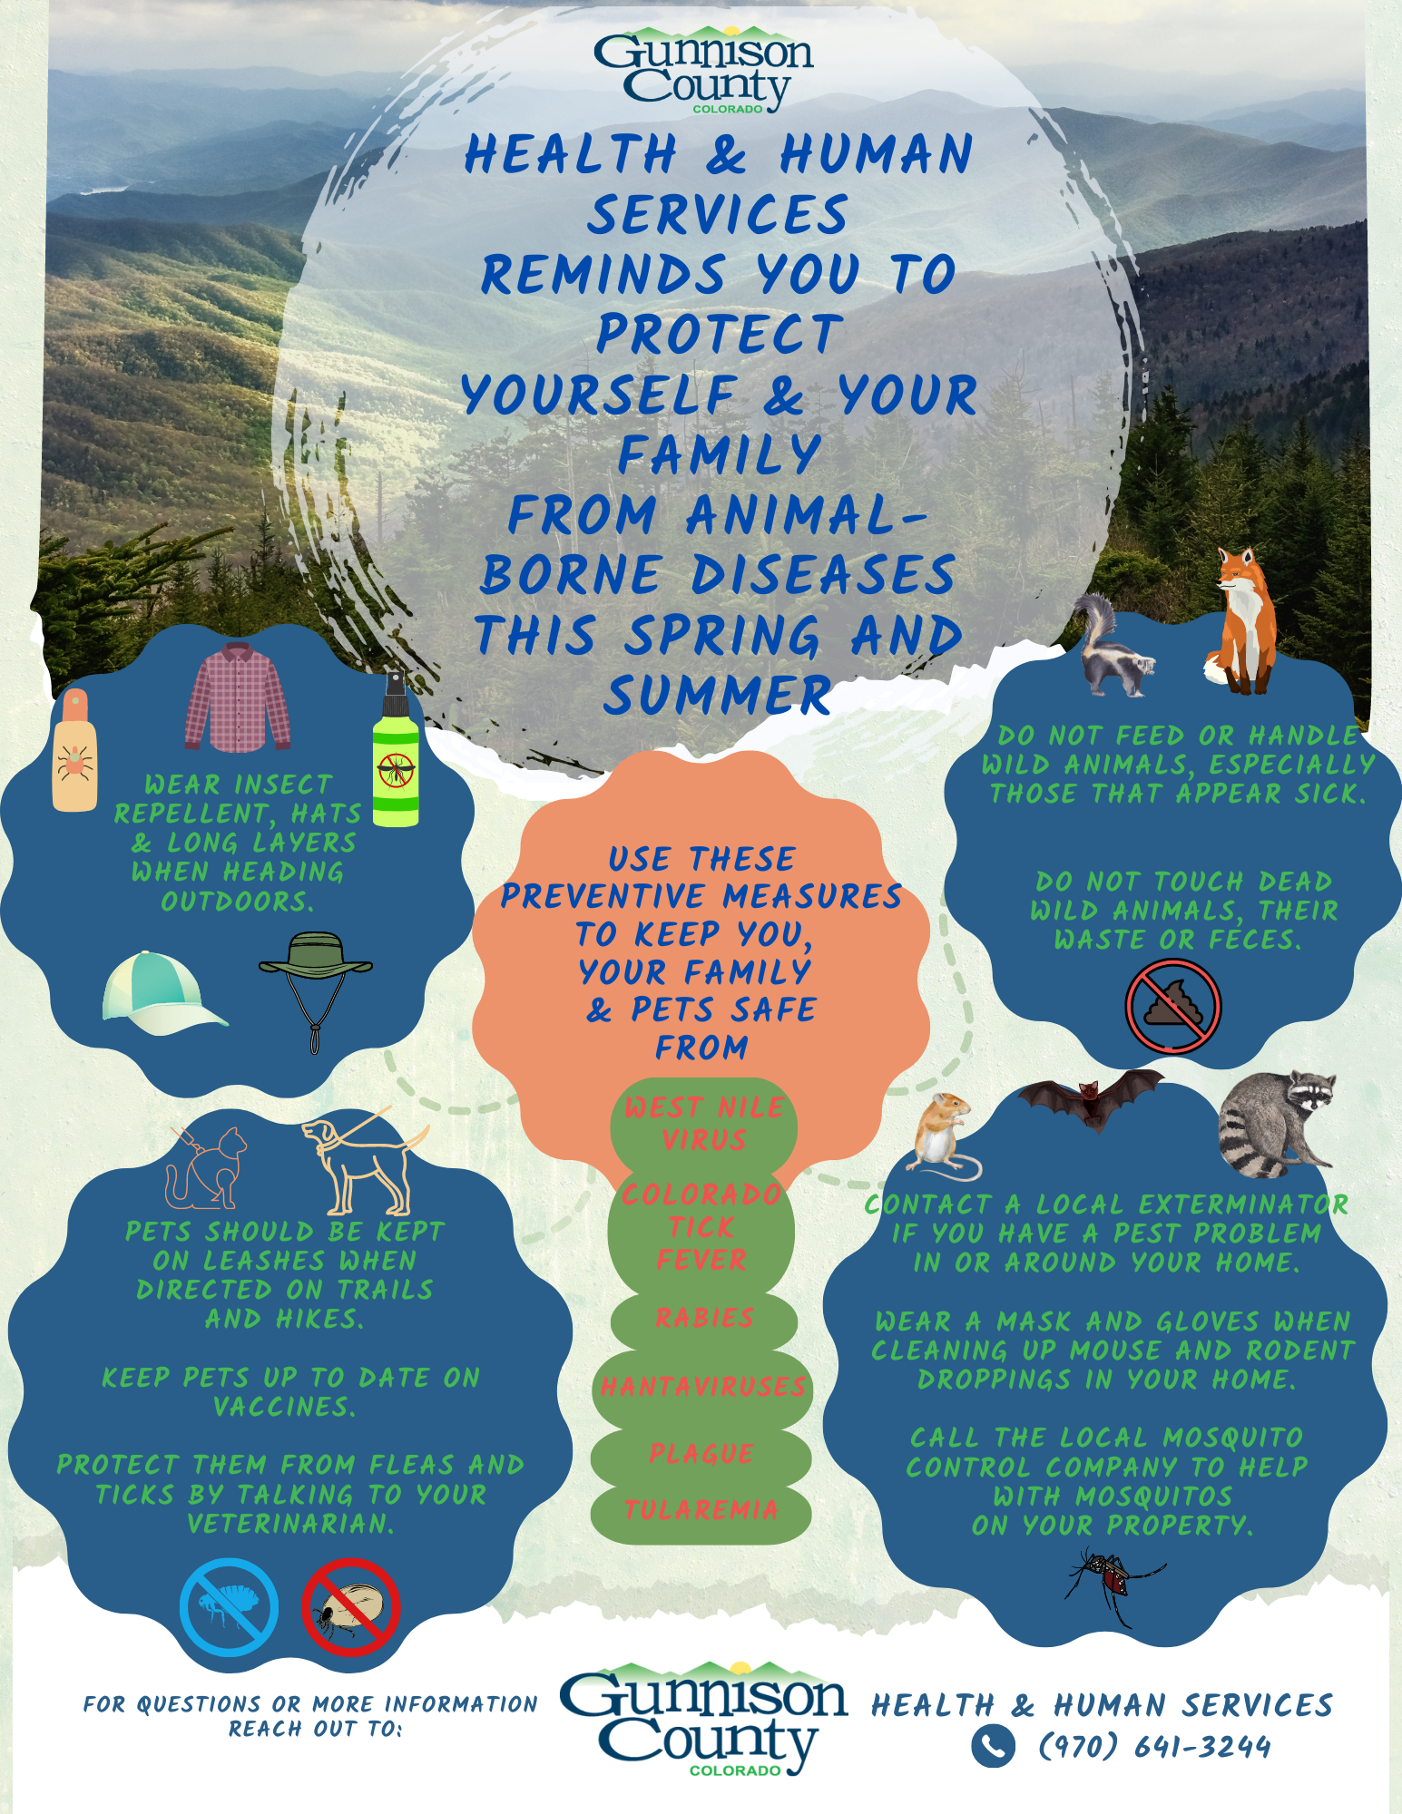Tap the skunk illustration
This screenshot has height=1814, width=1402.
1113,646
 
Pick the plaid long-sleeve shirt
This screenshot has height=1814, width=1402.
238,697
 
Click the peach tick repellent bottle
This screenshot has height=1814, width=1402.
74,750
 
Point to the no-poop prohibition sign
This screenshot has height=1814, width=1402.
1173,1006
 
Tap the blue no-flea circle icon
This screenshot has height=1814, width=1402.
229,1608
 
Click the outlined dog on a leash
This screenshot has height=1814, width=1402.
363,1163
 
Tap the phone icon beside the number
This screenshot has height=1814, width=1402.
993,1746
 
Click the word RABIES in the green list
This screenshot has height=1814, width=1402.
705,1318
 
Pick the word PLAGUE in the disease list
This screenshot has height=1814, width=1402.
701,1454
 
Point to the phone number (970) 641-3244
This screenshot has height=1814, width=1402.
1154,1746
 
